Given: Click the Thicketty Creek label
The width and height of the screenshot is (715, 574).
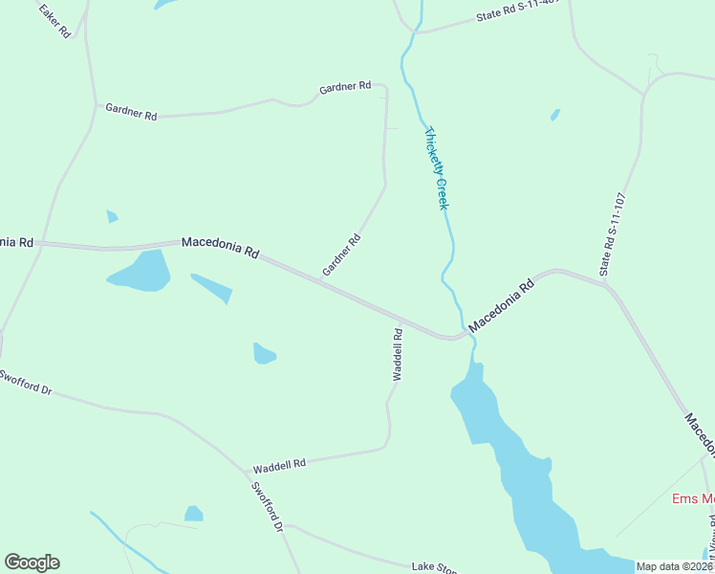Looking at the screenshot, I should tap(437, 169).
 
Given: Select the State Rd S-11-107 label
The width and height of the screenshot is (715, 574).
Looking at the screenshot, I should tap(613, 235).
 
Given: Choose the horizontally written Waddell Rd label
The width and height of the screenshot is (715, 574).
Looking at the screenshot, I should tap(279, 466).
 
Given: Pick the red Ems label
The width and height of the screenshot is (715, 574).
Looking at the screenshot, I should tap(693, 498).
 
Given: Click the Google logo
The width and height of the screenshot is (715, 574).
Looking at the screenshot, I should tap(32, 563).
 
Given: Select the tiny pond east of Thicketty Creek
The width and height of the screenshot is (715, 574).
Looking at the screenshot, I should tap(555, 115).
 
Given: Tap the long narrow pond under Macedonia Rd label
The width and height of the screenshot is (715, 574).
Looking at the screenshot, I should tap(212, 288).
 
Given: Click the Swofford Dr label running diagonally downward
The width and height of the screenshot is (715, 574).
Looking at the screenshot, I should tap(269, 507).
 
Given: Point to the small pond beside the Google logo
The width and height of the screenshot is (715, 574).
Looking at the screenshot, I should tap(194, 514).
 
